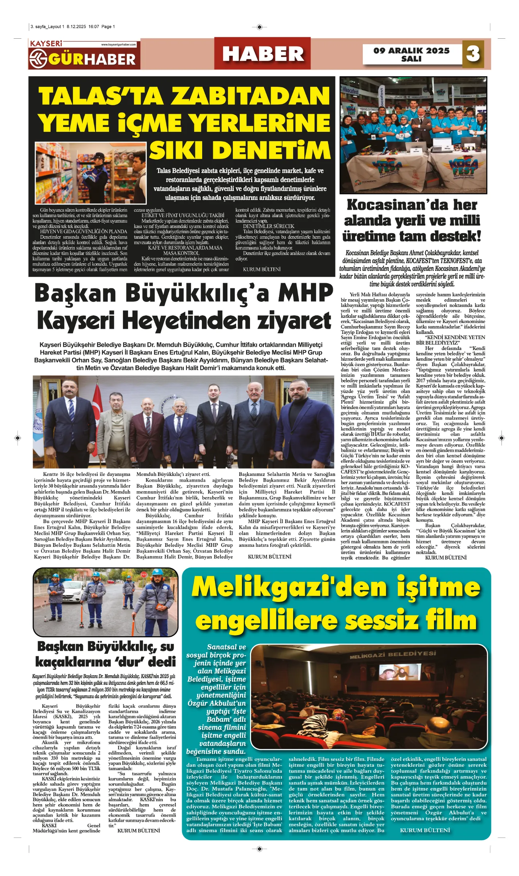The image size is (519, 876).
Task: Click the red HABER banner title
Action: click(263, 54)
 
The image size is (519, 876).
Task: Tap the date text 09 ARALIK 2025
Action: click(411, 51)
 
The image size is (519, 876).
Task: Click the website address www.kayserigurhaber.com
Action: click(119, 45)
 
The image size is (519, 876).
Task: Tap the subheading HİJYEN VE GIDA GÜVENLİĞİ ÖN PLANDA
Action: click(84, 231)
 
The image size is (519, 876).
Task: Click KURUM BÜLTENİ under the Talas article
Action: click(262, 269)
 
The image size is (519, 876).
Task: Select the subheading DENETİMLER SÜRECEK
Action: click(269, 226)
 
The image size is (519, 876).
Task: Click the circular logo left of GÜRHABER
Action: click(38, 58)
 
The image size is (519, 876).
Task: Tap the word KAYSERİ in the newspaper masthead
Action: click(46, 44)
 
